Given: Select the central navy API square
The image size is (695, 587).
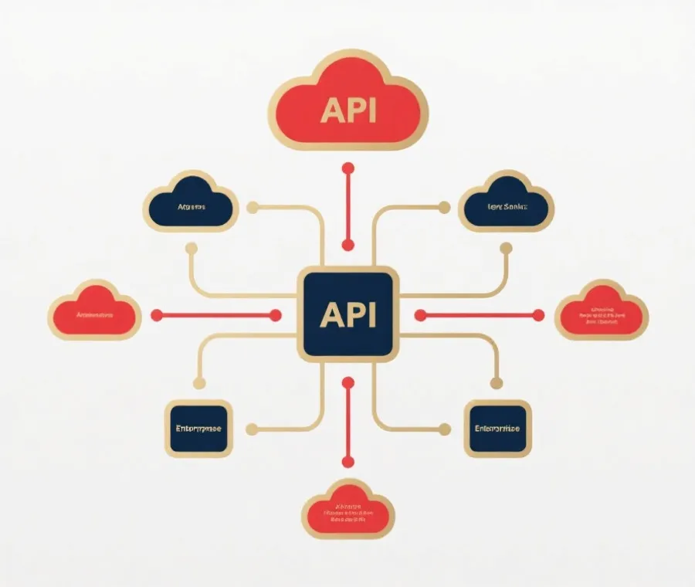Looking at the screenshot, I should pyautogui.click(x=347, y=314).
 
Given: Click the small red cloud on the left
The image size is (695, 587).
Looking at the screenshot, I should pyautogui.click(x=94, y=313).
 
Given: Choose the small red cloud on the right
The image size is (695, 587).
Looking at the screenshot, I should pyautogui.click(x=602, y=313).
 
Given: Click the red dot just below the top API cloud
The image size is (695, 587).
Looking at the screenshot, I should pyautogui.click(x=348, y=168).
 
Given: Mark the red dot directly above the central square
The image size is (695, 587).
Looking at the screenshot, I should pyautogui.click(x=348, y=246).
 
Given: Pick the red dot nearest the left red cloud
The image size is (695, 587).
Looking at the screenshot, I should pyautogui.click(x=157, y=315).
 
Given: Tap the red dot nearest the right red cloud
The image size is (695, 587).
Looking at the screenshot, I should pyautogui.click(x=539, y=315).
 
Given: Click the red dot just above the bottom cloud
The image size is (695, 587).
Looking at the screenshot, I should pyautogui.click(x=348, y=462).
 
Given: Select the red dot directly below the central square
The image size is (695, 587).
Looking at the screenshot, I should pyautogui.click(x=348, y=382).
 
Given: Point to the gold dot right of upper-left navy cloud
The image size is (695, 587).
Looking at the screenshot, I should pyautogui.click(x=252, y=207).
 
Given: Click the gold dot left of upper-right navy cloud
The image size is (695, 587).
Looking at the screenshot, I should pyautogui.click(x=444, y=207).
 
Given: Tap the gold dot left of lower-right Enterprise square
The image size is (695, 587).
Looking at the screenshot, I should pyautogui.click(x=444, y=429).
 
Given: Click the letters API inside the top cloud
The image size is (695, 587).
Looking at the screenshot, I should pyautogui.click(x=347, y=111).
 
